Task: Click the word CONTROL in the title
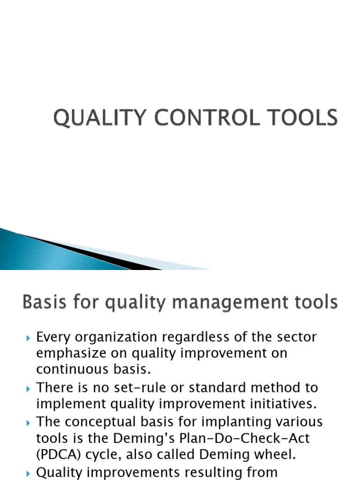coord(218,118)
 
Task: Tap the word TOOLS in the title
coord(306,118)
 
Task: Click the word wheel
coord(275,454)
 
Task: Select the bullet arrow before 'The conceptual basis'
coord(28,422)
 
